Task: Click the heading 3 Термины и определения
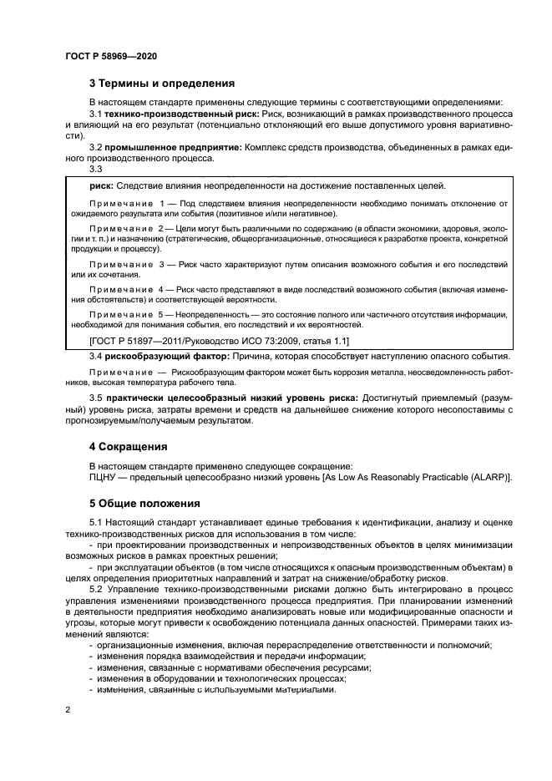[161, 83]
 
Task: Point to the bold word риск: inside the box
[101, 185]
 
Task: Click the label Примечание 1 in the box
[125, 203]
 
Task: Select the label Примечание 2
[125, 228]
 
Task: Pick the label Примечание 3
[125, 264]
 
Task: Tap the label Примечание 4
[125, 288]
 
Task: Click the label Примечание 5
[125, 313]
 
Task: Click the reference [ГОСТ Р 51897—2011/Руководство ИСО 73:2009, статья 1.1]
[219, 341]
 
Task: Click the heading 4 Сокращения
[128, 446]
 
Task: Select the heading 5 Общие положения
[144, 504]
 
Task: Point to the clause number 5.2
[96, 589]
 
